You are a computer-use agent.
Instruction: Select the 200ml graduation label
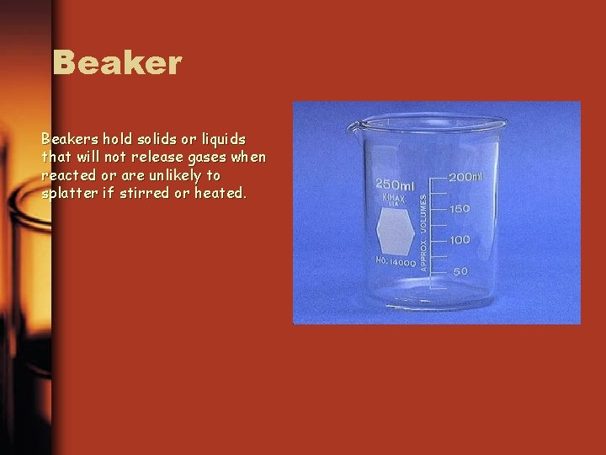tap(465, 177)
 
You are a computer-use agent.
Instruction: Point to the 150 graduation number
tap(459, 208)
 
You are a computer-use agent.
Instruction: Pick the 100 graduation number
tap(459, 240)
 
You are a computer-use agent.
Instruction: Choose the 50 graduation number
tap(461, 271)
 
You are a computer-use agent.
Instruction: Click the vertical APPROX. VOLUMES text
tap(423, 227)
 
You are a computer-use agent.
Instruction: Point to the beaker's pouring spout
tap(354, 126)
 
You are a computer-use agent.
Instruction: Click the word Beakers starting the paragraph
tap(69, 138)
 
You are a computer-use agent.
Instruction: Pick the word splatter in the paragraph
tap(66, 193)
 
